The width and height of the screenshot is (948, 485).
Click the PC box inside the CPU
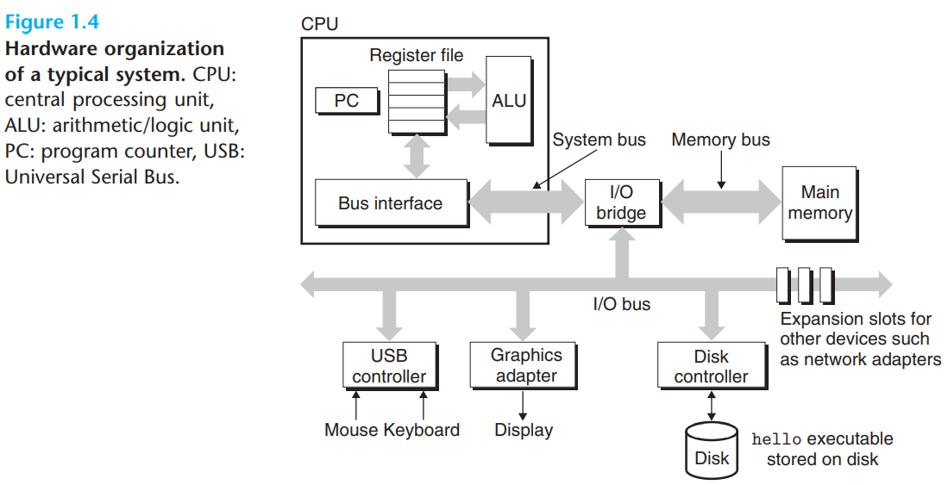347,102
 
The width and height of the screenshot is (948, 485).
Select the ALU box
509,101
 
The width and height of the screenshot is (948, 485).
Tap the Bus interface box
391,203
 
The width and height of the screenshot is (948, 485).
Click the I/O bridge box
621,203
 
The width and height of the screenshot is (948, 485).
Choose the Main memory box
819,203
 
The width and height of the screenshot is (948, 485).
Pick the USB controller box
389,365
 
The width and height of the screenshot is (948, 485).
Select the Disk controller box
711,365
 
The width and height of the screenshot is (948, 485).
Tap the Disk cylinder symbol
713,449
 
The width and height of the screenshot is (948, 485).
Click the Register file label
417,55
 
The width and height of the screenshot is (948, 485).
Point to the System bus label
599,140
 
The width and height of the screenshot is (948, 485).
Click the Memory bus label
720,140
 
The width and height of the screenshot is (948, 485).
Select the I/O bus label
621,304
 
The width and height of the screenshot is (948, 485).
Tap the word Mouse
351,430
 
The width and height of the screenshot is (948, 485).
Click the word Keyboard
422,430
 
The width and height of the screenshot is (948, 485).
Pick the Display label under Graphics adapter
524,430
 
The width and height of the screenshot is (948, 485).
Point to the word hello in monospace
770,440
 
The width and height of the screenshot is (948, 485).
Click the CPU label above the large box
319,24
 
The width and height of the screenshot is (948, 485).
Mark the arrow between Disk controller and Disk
711,404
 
